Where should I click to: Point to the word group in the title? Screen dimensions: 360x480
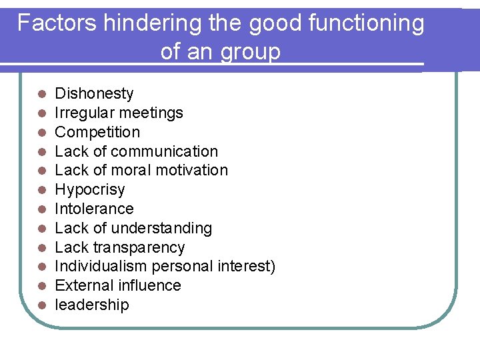[249, 52]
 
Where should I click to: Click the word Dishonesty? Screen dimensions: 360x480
[94, 93]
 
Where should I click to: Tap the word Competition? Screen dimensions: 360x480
[97, 132]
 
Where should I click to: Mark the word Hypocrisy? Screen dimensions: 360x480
[89, 190]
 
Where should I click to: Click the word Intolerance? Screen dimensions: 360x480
[94, 209]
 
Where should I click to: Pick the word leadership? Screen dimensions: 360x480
[92, 305]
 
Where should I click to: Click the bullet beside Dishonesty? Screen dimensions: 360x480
[41, 94]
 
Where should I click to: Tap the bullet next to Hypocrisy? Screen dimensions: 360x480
[41, 190]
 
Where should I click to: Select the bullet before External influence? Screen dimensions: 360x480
[41, 286]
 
